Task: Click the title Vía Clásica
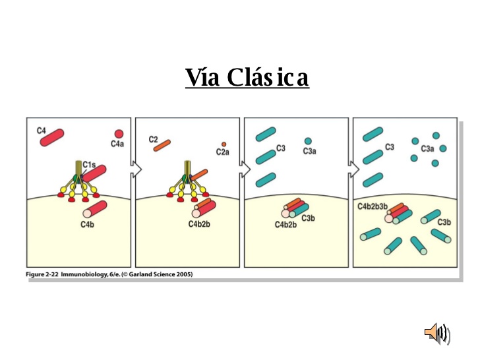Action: [247, 78]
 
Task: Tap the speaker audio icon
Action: [436, 332]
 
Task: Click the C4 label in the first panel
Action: [41, 131]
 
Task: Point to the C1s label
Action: [89, 163]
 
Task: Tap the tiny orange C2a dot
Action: [224, 144]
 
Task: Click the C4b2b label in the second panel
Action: [199, 224]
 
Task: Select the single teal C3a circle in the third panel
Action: [308, 141]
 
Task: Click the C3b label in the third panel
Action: [308, 218]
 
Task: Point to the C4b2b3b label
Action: [373, 206]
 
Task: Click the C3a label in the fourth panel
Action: [428, 149]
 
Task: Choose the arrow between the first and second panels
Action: [136, 169]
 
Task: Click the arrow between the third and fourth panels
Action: [354, 169]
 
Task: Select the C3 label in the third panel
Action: [281, 148]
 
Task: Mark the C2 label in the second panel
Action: [153, 139]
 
